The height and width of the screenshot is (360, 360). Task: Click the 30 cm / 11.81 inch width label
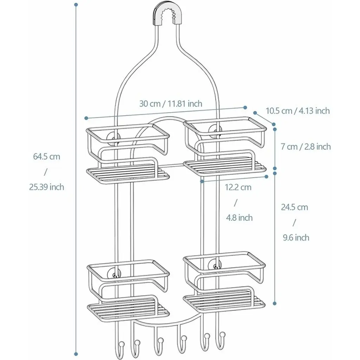pyautogui.click(x=171, y=104)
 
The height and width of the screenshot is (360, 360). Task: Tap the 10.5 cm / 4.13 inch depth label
pyautogui.click(x=297, y=111)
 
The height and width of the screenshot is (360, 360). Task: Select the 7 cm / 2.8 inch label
pyautogui.click(x=306, y=147)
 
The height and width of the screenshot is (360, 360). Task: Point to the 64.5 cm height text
pyautogui.click(x=47, y=156)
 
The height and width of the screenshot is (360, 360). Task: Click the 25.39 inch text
pyautogui.click(x=47, y=187)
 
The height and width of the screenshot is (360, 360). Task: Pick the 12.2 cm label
pyautogui.click(x=238, y=187)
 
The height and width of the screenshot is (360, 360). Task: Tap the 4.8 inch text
pyautogui.click(x=239, y=218)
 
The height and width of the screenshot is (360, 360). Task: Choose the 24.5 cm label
pyautogui.click(x=294, y=207)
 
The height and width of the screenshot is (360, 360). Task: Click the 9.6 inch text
pyautogui.click(x=296, y=238)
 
